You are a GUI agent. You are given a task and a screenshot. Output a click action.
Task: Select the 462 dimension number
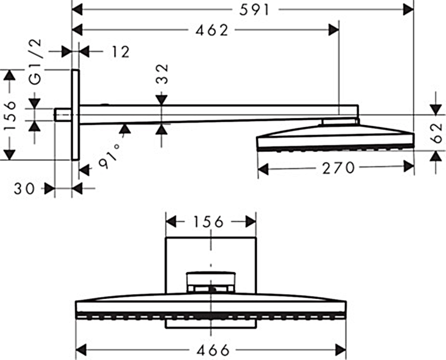[212, 30]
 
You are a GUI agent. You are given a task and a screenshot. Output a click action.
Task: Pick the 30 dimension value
[24, 188]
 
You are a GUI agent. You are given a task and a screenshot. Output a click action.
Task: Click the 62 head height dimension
[436, 133]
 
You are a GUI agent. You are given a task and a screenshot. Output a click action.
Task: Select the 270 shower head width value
[339, 168]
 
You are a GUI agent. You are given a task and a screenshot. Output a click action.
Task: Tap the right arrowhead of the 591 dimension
[409, 8]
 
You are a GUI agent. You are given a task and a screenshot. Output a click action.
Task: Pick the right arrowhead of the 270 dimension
[409, 168]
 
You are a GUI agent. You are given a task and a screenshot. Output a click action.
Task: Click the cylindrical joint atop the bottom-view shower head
[211, 281]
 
